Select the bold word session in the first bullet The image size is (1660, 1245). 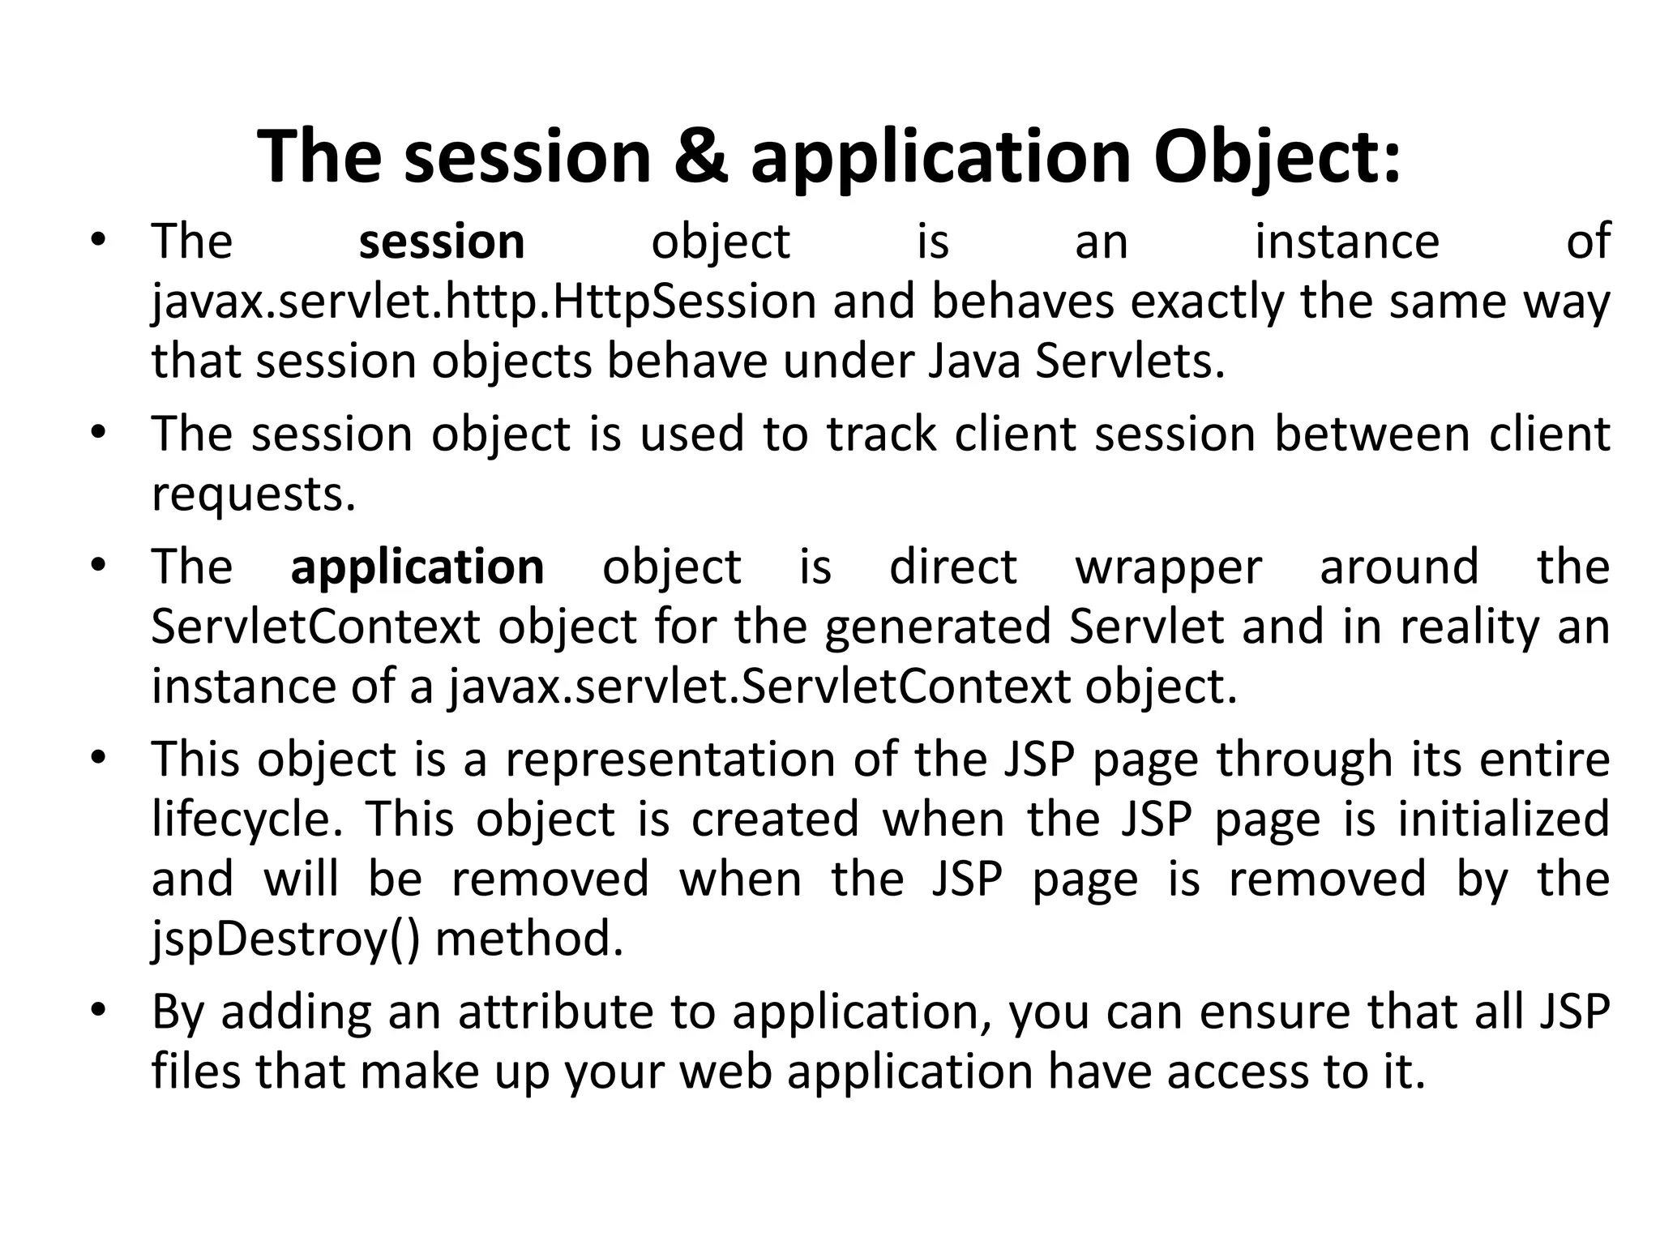tap(442, 242)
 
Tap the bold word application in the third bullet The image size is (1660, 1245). tap(417, 567)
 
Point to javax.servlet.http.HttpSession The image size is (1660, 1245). tap(484, 302)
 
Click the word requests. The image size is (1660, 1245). tap(254, 494)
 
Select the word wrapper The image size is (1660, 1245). tap(1168, 567)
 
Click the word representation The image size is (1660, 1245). tap(670, 759)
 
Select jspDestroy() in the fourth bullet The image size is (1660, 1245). tap(286, 939)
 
